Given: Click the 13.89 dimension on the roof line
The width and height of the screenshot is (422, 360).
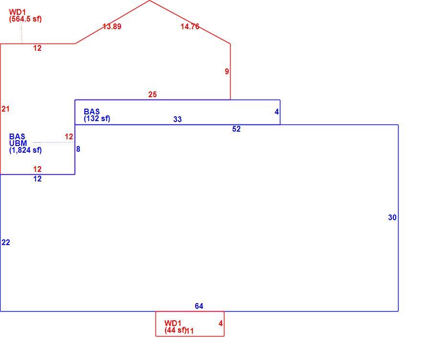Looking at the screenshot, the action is point(112,26).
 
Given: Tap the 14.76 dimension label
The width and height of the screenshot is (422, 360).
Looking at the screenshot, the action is point(190,26).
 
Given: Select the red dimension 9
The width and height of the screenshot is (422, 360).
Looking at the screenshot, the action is point(227,71).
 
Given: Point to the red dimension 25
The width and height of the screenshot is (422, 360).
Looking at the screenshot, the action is point(152,94).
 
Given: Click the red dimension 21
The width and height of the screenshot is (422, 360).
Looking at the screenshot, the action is point(5,109).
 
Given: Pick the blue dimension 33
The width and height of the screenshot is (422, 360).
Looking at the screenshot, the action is point(178,119).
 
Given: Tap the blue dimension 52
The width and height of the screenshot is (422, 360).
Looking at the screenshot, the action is point(236,129).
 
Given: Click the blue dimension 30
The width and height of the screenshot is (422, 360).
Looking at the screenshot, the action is point(392,217).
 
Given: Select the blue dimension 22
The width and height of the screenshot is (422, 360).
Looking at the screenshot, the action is point(6,242).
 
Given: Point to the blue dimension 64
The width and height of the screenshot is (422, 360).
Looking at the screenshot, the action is point(199,306).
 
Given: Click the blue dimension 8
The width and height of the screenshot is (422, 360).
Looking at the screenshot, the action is point(78,149).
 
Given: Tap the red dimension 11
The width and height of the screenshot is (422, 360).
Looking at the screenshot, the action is point(190,331).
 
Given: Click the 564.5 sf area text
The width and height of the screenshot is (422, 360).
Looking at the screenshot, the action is point(25,19).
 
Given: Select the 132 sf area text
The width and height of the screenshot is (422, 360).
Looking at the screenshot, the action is point(97,118).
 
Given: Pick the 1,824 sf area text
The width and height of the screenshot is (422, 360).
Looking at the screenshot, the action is point(25,150).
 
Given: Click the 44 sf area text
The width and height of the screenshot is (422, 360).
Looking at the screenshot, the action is point(176,330).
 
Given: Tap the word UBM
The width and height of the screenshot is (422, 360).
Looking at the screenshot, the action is point(18,143).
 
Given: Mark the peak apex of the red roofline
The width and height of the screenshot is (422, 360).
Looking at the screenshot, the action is point(149,0).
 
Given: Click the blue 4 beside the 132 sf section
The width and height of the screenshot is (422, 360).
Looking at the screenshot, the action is point(277,112).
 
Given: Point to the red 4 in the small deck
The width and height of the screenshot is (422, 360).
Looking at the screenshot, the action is point(221,324).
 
